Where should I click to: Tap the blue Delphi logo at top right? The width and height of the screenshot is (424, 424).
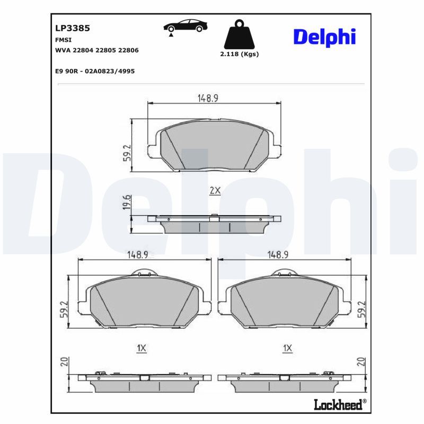coord(324,37)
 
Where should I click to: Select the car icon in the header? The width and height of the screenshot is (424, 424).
coord(185,26)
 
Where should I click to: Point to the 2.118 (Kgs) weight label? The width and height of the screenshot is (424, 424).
coord(239,54)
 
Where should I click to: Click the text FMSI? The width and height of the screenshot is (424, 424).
coord(64,40)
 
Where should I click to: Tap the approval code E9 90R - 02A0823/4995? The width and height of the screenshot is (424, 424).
coord(95,70)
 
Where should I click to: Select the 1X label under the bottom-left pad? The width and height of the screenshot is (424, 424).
coord(141,348)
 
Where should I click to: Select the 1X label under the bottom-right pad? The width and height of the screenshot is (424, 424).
coord(288,348)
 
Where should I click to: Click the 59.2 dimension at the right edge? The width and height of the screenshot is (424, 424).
coord(362,309)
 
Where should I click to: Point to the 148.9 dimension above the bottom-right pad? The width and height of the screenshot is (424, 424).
coord(278,255)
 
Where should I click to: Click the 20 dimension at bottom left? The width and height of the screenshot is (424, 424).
coord(64,363)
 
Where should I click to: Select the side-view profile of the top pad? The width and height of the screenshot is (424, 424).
coord(214,224)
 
